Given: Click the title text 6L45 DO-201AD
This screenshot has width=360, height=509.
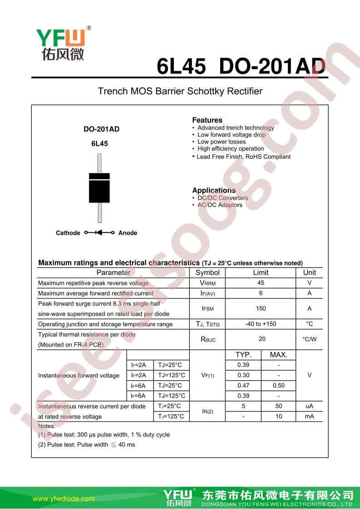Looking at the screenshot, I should pos(241,67).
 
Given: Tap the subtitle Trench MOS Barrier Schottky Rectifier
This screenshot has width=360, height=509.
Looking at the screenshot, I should pos(180,91).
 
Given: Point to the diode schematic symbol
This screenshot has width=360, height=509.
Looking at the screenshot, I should pos(99,233).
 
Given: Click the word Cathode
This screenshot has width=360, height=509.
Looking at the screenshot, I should pos(68,233).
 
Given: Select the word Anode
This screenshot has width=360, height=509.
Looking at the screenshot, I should pos(128,233).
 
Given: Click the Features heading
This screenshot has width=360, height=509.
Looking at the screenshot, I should pos(207,120).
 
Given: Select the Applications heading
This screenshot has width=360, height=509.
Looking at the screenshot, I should pos(214,191).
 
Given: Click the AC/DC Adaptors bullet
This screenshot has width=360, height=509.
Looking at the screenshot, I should pos(220,205).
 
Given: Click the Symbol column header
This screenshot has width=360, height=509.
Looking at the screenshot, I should pos(207,273).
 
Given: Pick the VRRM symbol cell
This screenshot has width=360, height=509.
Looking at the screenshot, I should pos(207,283).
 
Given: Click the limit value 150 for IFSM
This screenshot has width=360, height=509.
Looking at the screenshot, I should pos(261,308).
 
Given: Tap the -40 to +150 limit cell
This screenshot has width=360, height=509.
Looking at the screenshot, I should pos(261,324).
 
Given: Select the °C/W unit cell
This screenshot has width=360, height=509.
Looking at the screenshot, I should pos(309,339).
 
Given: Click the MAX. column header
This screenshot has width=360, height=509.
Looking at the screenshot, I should pos(279,355).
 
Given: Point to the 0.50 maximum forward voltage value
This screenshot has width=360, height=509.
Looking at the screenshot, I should pos(279,386).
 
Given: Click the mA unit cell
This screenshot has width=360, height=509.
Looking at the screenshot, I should pos(309,416).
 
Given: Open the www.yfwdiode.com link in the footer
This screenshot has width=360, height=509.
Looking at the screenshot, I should pos(64,499).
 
